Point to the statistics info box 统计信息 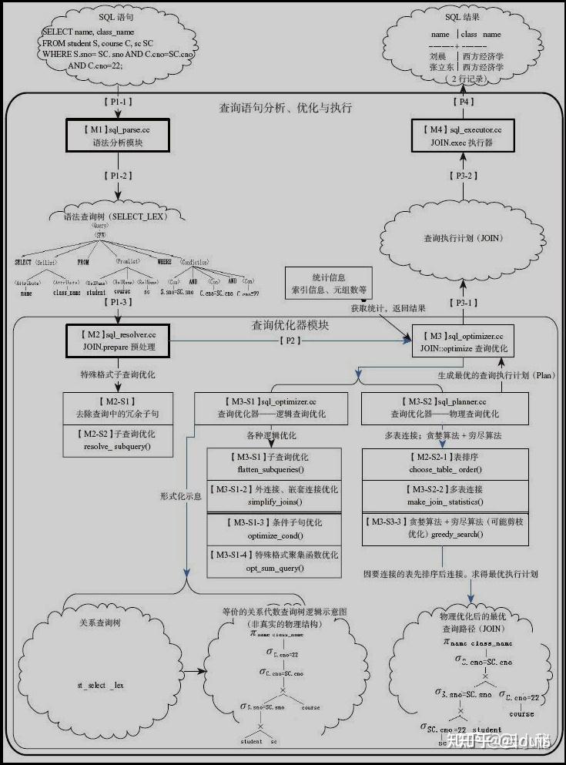point(329,283)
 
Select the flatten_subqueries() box point(273,463)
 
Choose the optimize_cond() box point(273,528)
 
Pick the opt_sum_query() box point(273,561)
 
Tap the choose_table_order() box point(444,463)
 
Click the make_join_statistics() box point(444,496)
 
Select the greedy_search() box point(444,528)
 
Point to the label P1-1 point(117,102)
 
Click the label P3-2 point(462,176)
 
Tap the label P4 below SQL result point(462,102)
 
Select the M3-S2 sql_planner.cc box point(444,407)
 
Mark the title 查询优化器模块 point(290,325)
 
